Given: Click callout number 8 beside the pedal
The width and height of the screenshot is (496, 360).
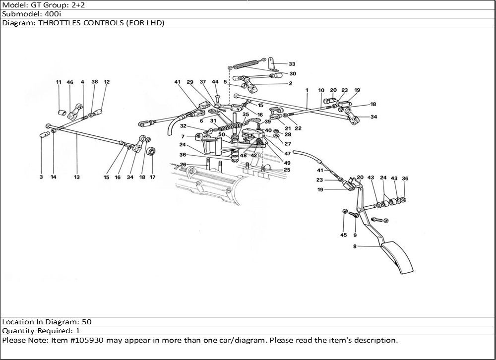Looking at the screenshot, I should point(356,246).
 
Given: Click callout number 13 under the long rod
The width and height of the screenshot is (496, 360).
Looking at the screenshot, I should point(77,177).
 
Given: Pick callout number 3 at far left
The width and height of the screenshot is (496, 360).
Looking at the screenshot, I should point(41,177).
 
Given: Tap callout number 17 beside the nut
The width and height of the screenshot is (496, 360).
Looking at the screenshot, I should point(153,177).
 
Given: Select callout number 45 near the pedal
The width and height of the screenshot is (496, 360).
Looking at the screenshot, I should point(344,235).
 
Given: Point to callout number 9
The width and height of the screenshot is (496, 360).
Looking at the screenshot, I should point(355,235).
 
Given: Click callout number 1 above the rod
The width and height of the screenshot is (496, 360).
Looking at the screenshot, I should point(308,90).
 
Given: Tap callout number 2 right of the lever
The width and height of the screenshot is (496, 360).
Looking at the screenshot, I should point(290,83).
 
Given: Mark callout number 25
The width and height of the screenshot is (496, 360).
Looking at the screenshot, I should point(287,170).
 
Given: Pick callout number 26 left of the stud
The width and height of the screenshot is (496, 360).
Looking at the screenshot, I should point(183,165).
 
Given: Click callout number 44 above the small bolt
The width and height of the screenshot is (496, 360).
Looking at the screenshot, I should point(215,82).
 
